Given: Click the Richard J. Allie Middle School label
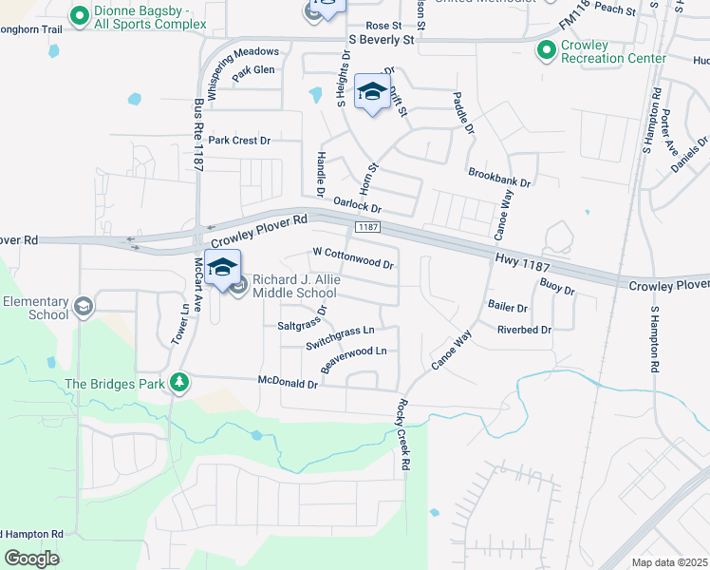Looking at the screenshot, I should pyautogui.click(x=294, y=287).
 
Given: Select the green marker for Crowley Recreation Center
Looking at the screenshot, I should pyautogui.click(x=546, y=50).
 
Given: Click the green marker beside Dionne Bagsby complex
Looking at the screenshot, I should pyautogui.click(x=78, y=15).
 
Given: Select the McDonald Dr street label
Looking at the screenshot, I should pyautogui.click(x=288, y=383).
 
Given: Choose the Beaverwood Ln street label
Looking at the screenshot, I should pyautogui.click(x=354, y=358).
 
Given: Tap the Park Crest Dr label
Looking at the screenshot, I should pyautogui.click(x=239, y=141).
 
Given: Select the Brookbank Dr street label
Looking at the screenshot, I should pyautogui.click(x=499, y=176).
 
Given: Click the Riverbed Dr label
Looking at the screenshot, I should pyautogui.click(x=525, y=330).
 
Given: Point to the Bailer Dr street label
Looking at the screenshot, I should pyautogui.click(x=507, y=307).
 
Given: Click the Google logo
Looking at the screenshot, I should pyautogui.click(x=31, y=559).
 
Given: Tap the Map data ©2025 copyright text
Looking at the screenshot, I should pyautogui.click(x=669, y=562).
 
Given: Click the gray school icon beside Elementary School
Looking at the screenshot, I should pyautogui.click(x=84, y=306).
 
